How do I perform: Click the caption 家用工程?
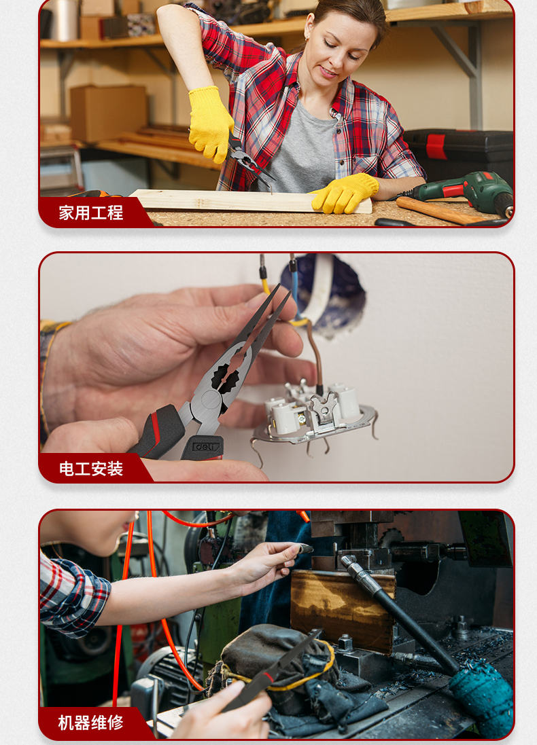click(91, 213)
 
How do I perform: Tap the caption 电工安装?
click(91, 469)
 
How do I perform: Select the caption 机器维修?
click(90, 723)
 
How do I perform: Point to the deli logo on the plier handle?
click(206, 447)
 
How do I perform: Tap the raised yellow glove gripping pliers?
click(210, 123)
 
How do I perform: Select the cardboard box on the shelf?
click(109, 113)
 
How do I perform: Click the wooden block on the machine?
click(343, 609)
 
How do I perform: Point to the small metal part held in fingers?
click(305, 549)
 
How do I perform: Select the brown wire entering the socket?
click(315, 357)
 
